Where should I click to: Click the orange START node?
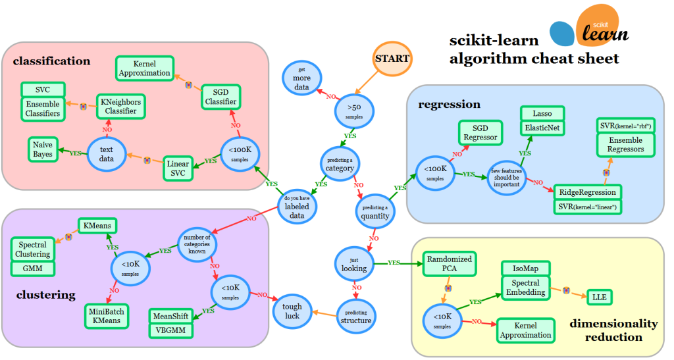392,59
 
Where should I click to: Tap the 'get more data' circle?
302,78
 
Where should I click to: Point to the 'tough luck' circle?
292,311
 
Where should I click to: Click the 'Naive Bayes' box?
43,149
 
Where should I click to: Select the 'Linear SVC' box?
177,168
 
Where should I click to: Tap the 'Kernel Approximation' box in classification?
143,68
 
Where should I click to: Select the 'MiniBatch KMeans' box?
106,316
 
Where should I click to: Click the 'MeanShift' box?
170,315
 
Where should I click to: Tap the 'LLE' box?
599,297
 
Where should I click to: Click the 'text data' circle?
106,154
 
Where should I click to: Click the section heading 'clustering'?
46,294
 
